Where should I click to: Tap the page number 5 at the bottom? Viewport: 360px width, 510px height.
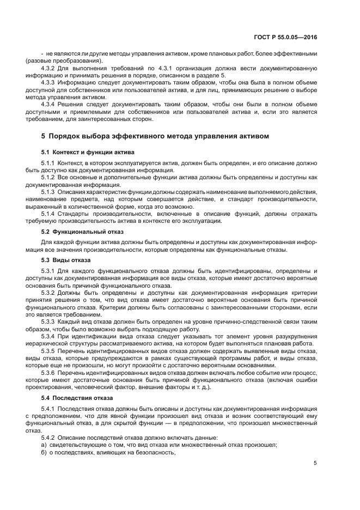(315, 463)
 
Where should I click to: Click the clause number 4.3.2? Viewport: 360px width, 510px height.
(50, 68)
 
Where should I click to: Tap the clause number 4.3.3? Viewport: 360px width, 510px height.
(50, 82)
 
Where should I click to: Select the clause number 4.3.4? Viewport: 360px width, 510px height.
(50, 104)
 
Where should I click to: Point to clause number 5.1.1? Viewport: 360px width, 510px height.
(49, 163)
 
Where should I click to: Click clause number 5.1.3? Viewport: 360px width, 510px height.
(49, 192)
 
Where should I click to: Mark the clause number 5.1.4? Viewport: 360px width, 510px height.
(49, 213)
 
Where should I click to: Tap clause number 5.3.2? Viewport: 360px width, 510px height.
(50, 293)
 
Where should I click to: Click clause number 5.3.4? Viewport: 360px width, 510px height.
(50, 336)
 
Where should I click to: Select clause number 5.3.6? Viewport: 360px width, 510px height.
(50, 372)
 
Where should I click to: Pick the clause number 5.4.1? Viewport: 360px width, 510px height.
(49, 409)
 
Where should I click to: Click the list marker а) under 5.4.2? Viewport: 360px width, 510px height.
(44, 445)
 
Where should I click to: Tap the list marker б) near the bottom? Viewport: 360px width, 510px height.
(44, 452)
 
